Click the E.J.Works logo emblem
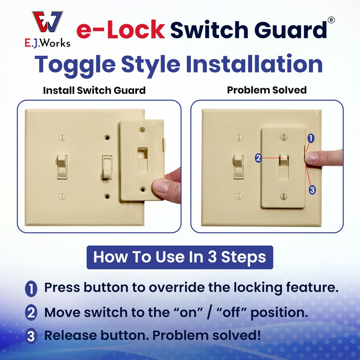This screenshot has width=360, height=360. pos(47,22)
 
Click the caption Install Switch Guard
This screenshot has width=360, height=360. pos(94,90)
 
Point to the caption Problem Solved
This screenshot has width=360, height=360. pos(266,90)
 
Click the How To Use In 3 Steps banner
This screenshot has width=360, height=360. pos(180,257)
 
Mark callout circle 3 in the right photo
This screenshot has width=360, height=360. pos(312,190)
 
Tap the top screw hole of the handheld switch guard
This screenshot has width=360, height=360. pos(142,130)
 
